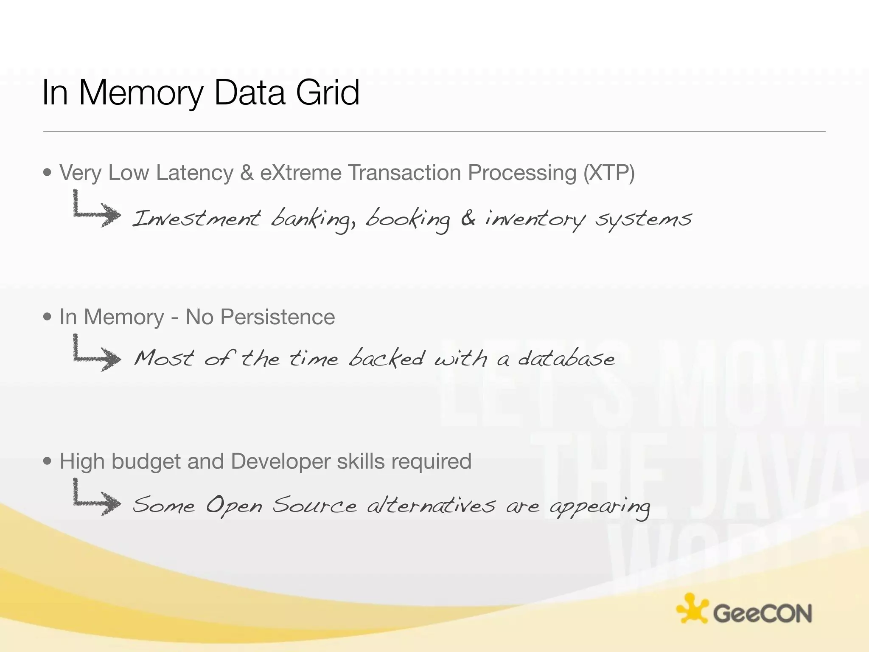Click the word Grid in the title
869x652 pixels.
(x=328, y=93)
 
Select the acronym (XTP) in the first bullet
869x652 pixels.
(x=609, y=173)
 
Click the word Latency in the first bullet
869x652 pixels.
(x=194, y=173)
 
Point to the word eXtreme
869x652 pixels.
(x=300, y=173)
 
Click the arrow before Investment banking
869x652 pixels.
(x=97, y=210)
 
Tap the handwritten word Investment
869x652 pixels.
(x=196, y=219)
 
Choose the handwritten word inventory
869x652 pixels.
(x=535, y=220)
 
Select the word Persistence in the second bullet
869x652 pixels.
(x=278, y=317)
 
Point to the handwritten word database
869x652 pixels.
(x=566, y=359)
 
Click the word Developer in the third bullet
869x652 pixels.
(x=280, y=461)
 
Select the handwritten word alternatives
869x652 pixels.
(x=431, y=505)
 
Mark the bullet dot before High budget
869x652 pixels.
(x=48, y=461)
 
